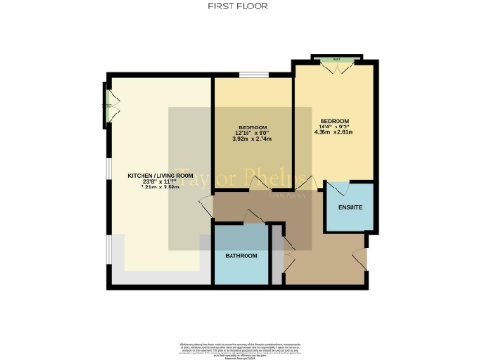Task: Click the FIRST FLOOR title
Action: click(240, 6)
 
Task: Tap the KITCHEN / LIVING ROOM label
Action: click(156, 175)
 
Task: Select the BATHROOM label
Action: click(241, 255)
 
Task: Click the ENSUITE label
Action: click(350, 206)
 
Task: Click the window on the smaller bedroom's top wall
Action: click(253, 74)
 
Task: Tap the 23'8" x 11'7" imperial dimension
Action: click(156, 182)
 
